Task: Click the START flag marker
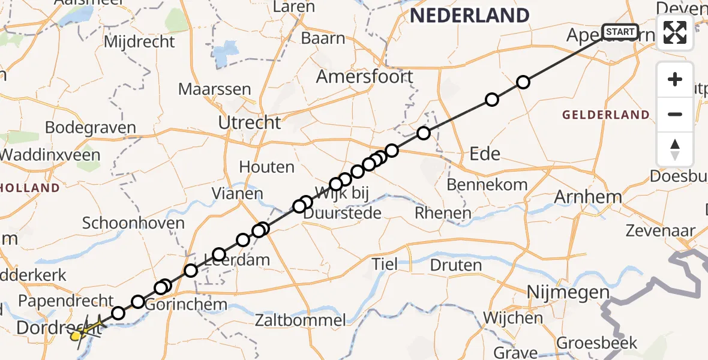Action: [620, 32]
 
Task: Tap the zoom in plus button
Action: [675, 80]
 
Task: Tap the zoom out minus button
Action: [675, 114]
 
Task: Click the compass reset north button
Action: [675, 149]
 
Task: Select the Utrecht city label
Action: [250, 122]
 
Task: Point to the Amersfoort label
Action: [365, 77]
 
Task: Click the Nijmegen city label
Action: [568, 293]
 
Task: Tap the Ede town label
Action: [485, 154]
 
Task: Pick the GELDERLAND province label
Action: [606, 115]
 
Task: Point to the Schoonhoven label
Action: [133, 224]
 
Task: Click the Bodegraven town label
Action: [91, 128]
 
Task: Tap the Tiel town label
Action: [385, 263]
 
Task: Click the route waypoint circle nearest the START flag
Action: [523, 82]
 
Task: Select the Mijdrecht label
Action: [139, 42]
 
